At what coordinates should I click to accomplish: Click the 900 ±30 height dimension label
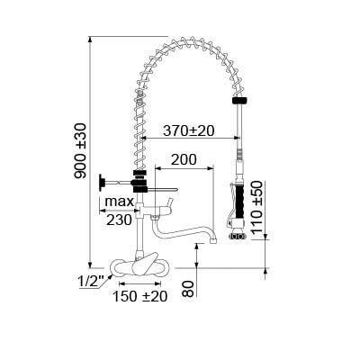80,151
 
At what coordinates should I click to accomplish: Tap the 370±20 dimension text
189,130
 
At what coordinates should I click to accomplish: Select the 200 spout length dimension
184,159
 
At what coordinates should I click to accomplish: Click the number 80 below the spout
189,289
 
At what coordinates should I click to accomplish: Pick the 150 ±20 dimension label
139,296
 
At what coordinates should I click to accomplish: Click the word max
119,202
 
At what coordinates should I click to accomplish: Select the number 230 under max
120,220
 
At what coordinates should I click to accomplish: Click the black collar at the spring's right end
239,100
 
